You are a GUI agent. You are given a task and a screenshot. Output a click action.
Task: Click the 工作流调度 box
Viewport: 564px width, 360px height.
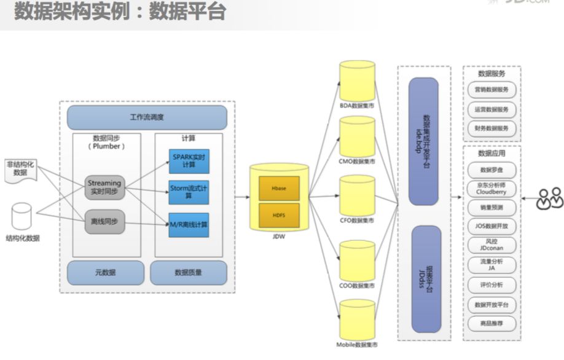click(147, 117)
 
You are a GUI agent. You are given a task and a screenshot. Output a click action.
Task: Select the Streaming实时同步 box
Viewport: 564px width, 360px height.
click(104, 187)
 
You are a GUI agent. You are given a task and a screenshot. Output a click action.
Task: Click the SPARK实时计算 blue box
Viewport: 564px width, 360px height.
click(189, 160)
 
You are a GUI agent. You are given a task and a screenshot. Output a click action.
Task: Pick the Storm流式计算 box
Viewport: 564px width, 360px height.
click(189, 191)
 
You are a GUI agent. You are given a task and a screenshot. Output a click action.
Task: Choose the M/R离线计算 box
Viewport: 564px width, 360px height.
click(189, 224)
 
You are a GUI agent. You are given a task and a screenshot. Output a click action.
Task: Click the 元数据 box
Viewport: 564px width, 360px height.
click(105, 272)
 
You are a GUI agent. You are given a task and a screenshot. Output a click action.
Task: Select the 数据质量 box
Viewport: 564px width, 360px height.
click(189, 272)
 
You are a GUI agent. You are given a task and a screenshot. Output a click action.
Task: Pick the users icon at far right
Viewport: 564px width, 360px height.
click(549, 198)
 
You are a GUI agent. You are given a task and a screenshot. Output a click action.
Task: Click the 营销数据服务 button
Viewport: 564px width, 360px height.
click(492, 89)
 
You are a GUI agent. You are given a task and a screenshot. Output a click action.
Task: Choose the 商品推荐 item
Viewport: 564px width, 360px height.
click(492, 323)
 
